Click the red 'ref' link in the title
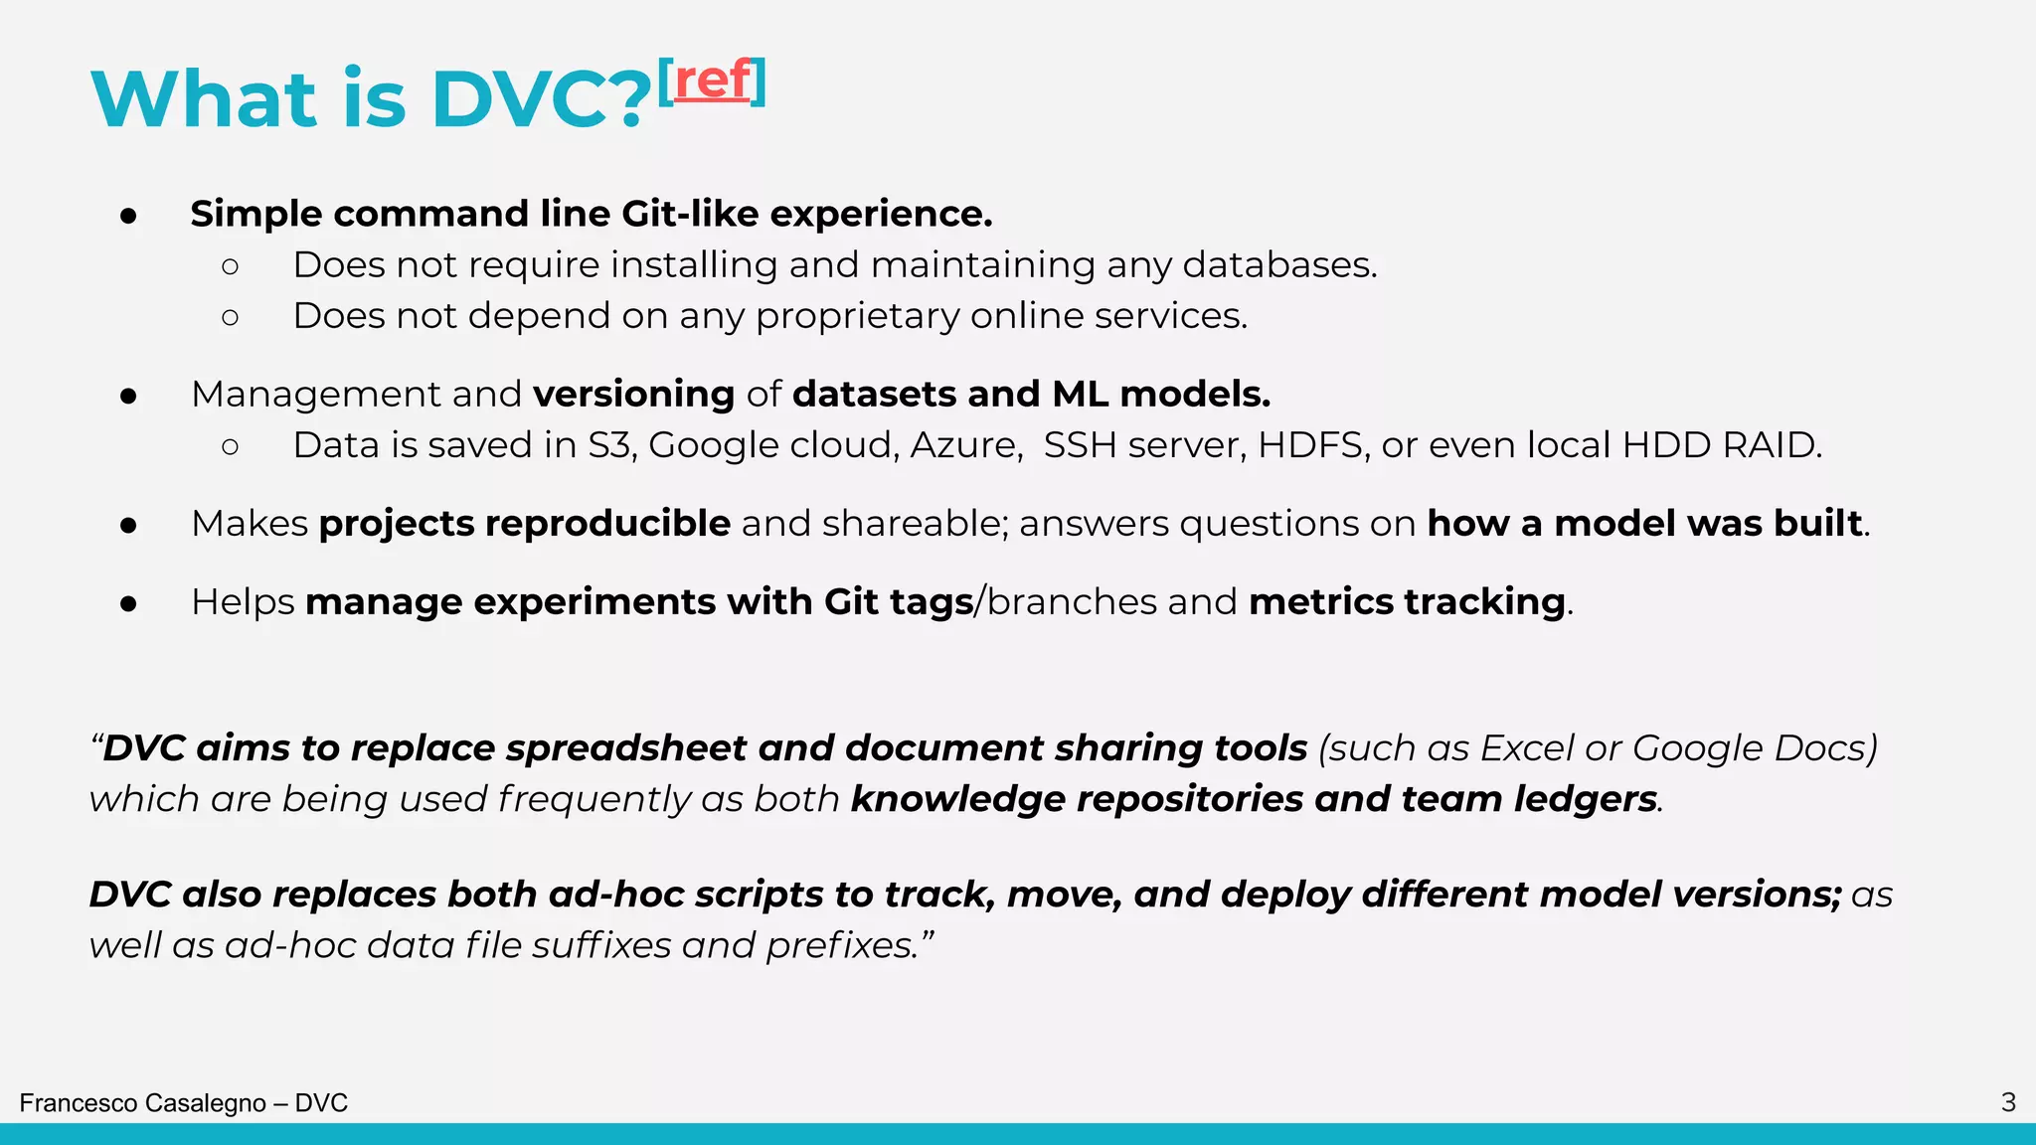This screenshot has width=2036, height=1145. (712, 82)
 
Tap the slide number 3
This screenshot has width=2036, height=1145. (2008, 1102)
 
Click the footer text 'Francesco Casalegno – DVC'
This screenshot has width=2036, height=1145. (184, 1103)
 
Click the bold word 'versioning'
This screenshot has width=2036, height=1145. (634, 395)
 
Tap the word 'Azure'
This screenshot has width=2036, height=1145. (964, 445)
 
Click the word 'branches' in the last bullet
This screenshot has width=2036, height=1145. (1072, 602)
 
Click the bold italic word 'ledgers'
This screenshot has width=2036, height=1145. (1586, 799)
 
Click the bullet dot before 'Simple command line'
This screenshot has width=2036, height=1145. (128, 216)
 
